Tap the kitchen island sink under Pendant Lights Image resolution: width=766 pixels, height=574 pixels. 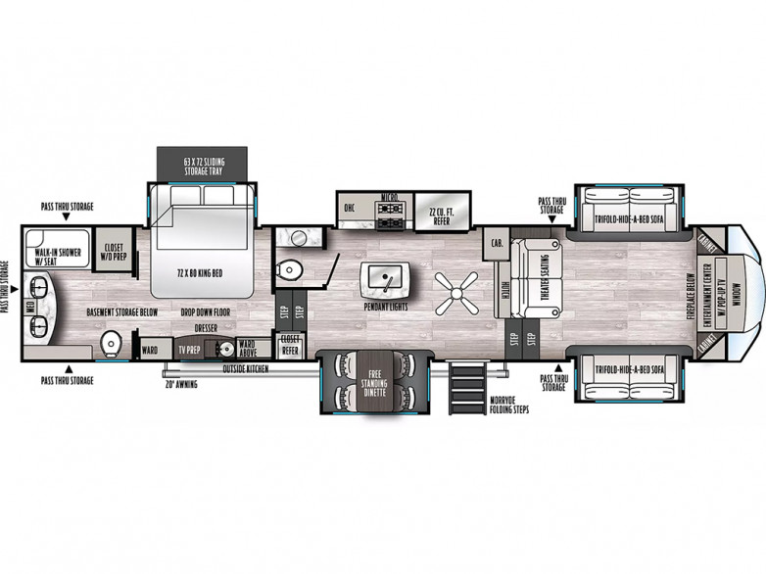(386, 278)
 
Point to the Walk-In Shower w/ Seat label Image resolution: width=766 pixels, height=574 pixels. (56, 257)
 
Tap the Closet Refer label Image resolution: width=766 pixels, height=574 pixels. (291, 345)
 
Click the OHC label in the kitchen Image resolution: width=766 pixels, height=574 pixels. (349, 208)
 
